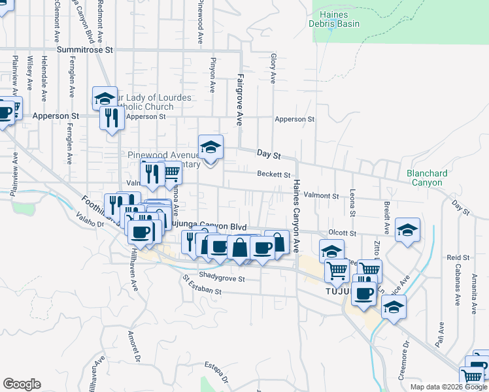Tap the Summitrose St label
coord(85,49)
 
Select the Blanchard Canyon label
coord(427,178)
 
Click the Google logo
coord(22,384)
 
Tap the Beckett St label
coord(273,174)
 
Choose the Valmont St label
coord(321,195)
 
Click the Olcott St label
coord(342,233)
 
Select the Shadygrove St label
coord(221,278)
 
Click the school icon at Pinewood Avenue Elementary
coord(211,147)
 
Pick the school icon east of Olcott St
coord(407,230)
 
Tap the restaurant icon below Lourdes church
coord(111,118)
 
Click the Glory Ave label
coord(273,69)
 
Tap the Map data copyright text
coord(448,387)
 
